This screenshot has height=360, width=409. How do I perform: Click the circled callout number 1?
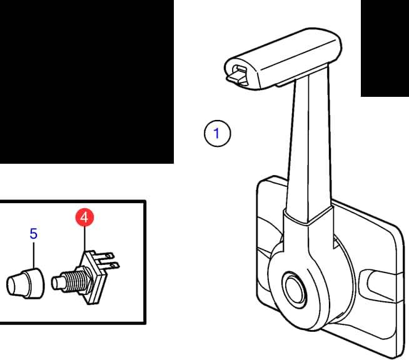point(217,133)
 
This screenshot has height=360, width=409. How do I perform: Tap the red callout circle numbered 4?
point(84,217)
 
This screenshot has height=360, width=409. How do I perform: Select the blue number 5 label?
point(34,234)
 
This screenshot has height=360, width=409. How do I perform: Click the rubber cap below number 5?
point(25,283)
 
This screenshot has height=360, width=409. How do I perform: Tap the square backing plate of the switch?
point(93,277)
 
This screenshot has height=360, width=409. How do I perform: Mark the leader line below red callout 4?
point(84,239)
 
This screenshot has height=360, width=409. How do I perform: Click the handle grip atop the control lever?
point(283,59)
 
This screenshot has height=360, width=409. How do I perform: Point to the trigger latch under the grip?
point(238,76)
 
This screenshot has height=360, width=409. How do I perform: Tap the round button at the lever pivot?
point(294,287)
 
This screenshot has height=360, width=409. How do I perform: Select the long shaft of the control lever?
point(308,146)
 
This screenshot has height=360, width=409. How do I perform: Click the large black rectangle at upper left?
point(87,82)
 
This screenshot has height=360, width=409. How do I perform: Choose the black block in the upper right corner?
point(385,48)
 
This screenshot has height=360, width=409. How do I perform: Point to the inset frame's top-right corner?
point(145,201)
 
